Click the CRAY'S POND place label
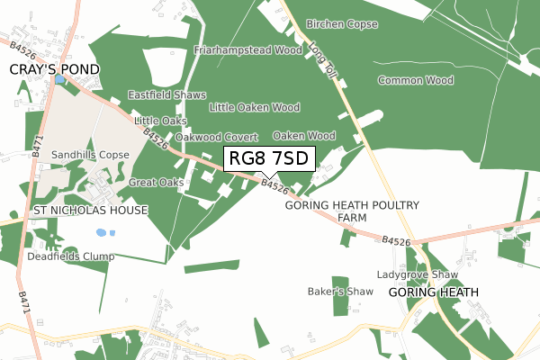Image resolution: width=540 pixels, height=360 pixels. click(x=54, y=69)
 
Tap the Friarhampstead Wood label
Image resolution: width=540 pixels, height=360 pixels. click(x=247, y=50)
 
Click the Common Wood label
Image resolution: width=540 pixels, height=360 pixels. click(x=415, y=81)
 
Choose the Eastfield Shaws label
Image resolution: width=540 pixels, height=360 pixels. click(x=166, y=94)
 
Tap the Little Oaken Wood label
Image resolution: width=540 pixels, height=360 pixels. click(x=254, y=107)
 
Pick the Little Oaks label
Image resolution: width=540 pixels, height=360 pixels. click(x=160, y=121)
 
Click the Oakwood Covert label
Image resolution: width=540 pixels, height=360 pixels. click(x=216, y=137)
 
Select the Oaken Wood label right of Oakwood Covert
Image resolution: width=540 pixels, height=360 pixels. click(x=304, y=136)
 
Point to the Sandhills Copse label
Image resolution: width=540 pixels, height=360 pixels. click(x=90, y=155)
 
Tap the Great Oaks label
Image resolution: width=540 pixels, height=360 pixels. click(x=157, y=183)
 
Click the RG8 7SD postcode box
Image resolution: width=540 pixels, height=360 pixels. click(x=269, y=159)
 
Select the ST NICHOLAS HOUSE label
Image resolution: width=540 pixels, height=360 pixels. click(x=89, y=211)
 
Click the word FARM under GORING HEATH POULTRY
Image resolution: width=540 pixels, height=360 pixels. click(x=352, y=219)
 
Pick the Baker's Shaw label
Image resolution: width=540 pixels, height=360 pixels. click(x=340, y=292)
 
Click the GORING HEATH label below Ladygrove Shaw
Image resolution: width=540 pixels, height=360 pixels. click(x=434, y=292)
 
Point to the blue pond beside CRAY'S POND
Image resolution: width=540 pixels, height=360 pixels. click(x=59, y=80)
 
